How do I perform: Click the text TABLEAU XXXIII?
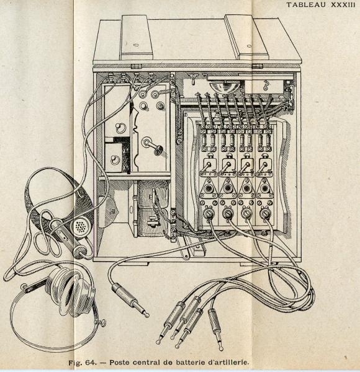(x=320, y=4)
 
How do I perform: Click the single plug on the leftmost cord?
(x=130, y=300)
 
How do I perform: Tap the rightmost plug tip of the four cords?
(x=215, y=329)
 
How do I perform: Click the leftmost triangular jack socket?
(x=209, y=188)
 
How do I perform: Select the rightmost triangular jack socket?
(x=264, y=188)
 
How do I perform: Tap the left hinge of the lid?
(x=136, y=66)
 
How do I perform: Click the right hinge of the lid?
(x=257, y=66)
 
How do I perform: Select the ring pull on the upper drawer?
(x=119, y=128)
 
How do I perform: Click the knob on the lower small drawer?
(x=114, y=159)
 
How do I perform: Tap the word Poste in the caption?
(x=119, y=363)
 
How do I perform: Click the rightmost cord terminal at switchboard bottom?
(x=264, y=213)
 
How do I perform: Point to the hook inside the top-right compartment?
(x=266, y=86)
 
